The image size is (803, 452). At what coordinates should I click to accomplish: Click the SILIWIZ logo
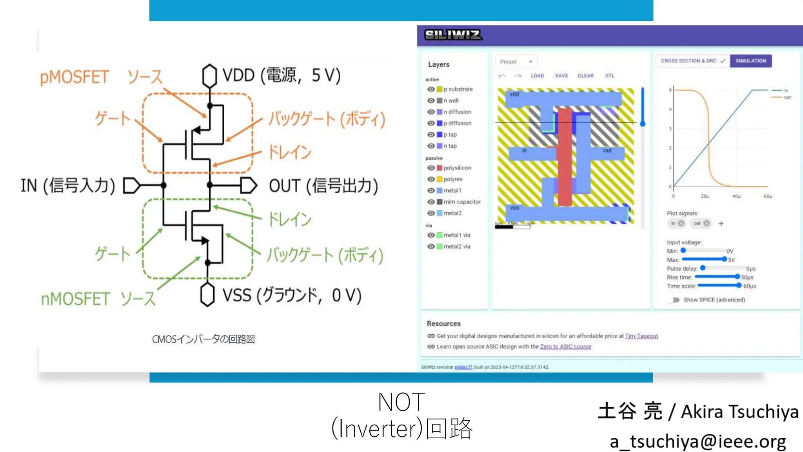point(453,35)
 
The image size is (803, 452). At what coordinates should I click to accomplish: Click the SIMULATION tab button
point(750,61)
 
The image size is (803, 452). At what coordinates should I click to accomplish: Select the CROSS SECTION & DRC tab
point(692,61)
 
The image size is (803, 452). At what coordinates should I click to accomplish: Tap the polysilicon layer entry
point(457,168)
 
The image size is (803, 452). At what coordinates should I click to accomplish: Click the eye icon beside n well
point(431,101)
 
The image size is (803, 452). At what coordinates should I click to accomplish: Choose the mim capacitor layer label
point(462,202)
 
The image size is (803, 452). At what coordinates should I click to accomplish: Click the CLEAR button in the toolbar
point(585,76)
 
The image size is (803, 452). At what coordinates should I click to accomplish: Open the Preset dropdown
point(516,62)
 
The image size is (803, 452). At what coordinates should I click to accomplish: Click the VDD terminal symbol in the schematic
point(209,76)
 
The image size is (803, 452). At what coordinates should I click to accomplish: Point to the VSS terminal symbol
point(207,295)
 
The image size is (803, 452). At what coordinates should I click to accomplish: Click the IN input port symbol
point(131,186)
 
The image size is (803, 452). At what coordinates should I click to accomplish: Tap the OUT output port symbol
point(248,186)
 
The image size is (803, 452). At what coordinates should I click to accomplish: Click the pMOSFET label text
point(74,77)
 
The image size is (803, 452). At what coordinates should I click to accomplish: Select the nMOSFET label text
point(75,299)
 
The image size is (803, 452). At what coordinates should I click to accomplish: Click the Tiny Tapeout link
point(641,336)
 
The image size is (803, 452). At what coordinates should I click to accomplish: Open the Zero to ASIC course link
point(565,347)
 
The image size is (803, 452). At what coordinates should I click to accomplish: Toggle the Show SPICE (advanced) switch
point(675,300)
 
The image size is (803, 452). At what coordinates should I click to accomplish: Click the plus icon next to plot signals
point(721,224)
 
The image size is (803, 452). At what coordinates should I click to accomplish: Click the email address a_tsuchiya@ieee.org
point(698,442)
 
